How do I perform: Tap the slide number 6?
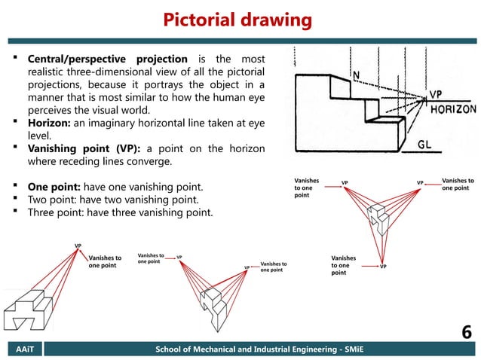tap(465, 331)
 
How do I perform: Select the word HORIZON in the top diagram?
tap(452, 109)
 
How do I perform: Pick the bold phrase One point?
tap(59, 185)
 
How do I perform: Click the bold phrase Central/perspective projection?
tap(108, 59)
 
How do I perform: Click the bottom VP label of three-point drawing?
tap(383, 267)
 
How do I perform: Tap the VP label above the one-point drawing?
tap(78, 246)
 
